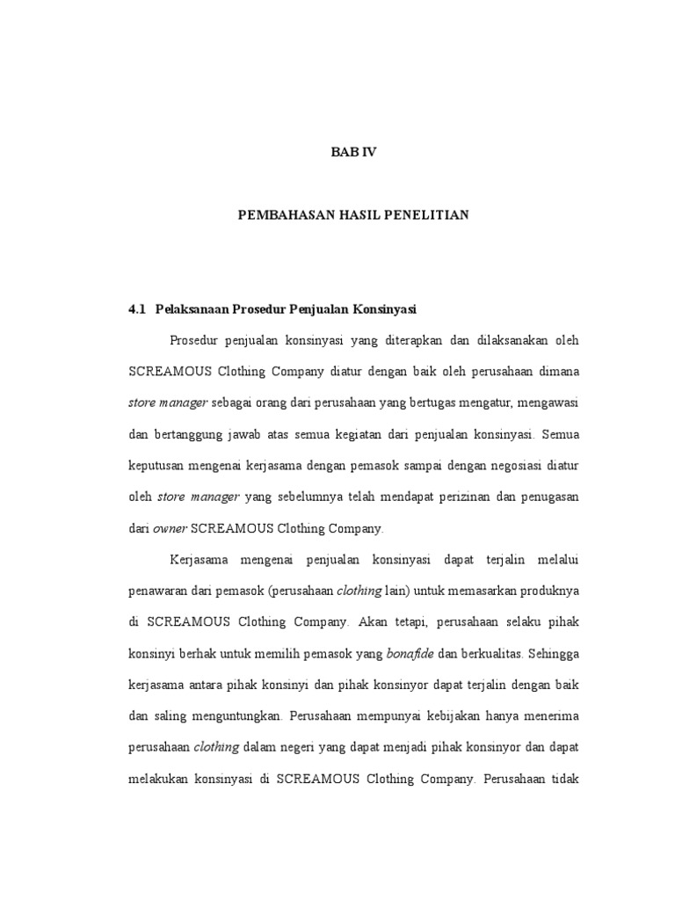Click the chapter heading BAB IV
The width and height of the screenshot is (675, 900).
click(352, 152)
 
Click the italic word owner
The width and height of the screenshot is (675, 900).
click(170, 528)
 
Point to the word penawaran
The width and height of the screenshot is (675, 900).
click(163, 591)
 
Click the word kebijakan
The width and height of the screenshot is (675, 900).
click(462, 715)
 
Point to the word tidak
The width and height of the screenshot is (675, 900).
click(562, 778)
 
